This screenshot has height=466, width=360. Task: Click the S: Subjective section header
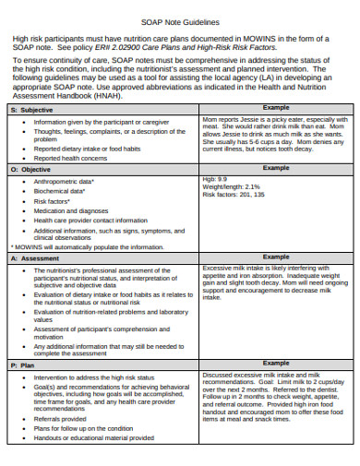coord(33,109)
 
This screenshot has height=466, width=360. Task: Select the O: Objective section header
coord(31,169)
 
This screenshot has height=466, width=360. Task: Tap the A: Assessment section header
coord(34,257)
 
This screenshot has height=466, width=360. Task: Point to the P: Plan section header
coord(24,365)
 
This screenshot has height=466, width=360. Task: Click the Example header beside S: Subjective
coord(276,108)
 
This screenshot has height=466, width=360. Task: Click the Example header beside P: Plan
coord(276,365)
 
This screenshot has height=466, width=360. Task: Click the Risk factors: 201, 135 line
coord(238,195)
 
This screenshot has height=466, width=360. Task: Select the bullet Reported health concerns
coord(70,158)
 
